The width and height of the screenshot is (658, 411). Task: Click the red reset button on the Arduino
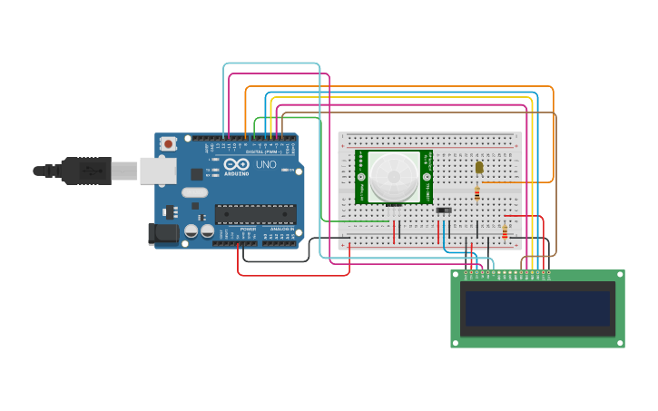pos(169,143)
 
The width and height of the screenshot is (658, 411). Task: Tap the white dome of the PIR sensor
pos(394,176)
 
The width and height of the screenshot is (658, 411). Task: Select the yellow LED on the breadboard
pos(478,167)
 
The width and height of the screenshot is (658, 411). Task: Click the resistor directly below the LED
pos(477,192)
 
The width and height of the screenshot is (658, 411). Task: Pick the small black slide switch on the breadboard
pos(444,210)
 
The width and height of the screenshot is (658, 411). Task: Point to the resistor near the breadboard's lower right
pos(505,232)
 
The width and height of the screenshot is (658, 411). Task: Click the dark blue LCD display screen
pos(537,308)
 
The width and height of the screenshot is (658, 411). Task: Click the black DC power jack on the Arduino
pos(163,233)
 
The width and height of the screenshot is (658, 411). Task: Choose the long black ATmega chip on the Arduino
pos(255,214)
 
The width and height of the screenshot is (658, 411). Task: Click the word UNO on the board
pos(266,165)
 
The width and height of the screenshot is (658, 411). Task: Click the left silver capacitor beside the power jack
pos(192,231)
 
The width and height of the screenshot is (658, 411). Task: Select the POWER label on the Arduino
pos(248,229)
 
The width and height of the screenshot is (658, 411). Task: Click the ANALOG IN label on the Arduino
pos(282,229)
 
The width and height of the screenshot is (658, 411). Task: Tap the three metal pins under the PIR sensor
pos(394,205)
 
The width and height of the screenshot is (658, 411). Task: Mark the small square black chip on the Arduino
pos(197,173)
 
